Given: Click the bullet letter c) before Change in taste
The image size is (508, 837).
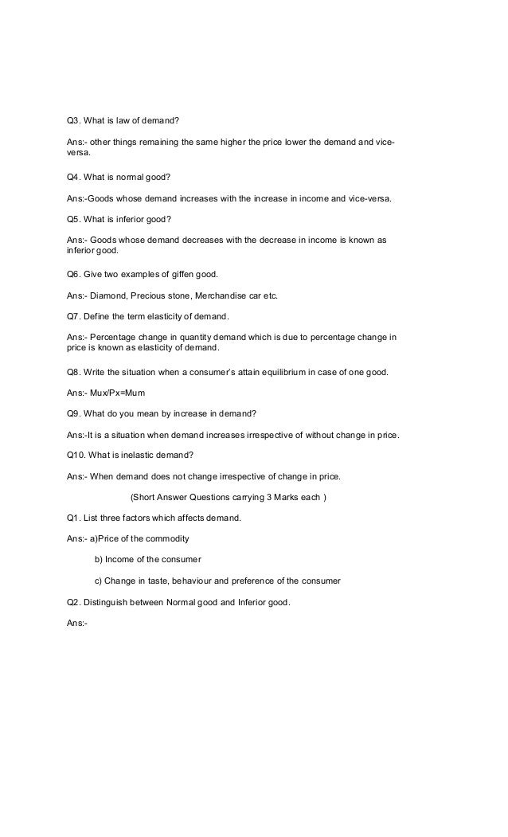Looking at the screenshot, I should click(x=99, y=581).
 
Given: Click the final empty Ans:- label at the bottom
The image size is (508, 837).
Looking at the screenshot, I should click(x=77, y=624).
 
